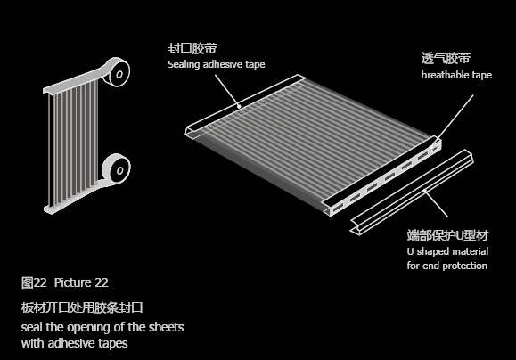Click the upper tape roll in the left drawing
point(116,72)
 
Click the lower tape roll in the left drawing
point(116,168)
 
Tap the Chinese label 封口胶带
point(192,48)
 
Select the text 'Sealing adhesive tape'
point(217,64)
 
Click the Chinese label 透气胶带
point(446,58)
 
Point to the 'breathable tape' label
point(456,75)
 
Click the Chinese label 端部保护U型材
point(447,235)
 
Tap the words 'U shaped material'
point(447,251)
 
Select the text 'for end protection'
point(446,266)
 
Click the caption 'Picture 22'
point(81,282)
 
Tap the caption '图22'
point(34,282)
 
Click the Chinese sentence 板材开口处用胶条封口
point(82,307)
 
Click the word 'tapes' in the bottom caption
point(112,343)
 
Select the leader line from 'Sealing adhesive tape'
point(227,91)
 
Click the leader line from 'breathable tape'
point(452,121)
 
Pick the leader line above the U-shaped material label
point(436,203)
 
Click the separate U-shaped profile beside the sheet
point(412,193)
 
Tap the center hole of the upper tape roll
point(119,74)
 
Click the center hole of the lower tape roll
point(120,170)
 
